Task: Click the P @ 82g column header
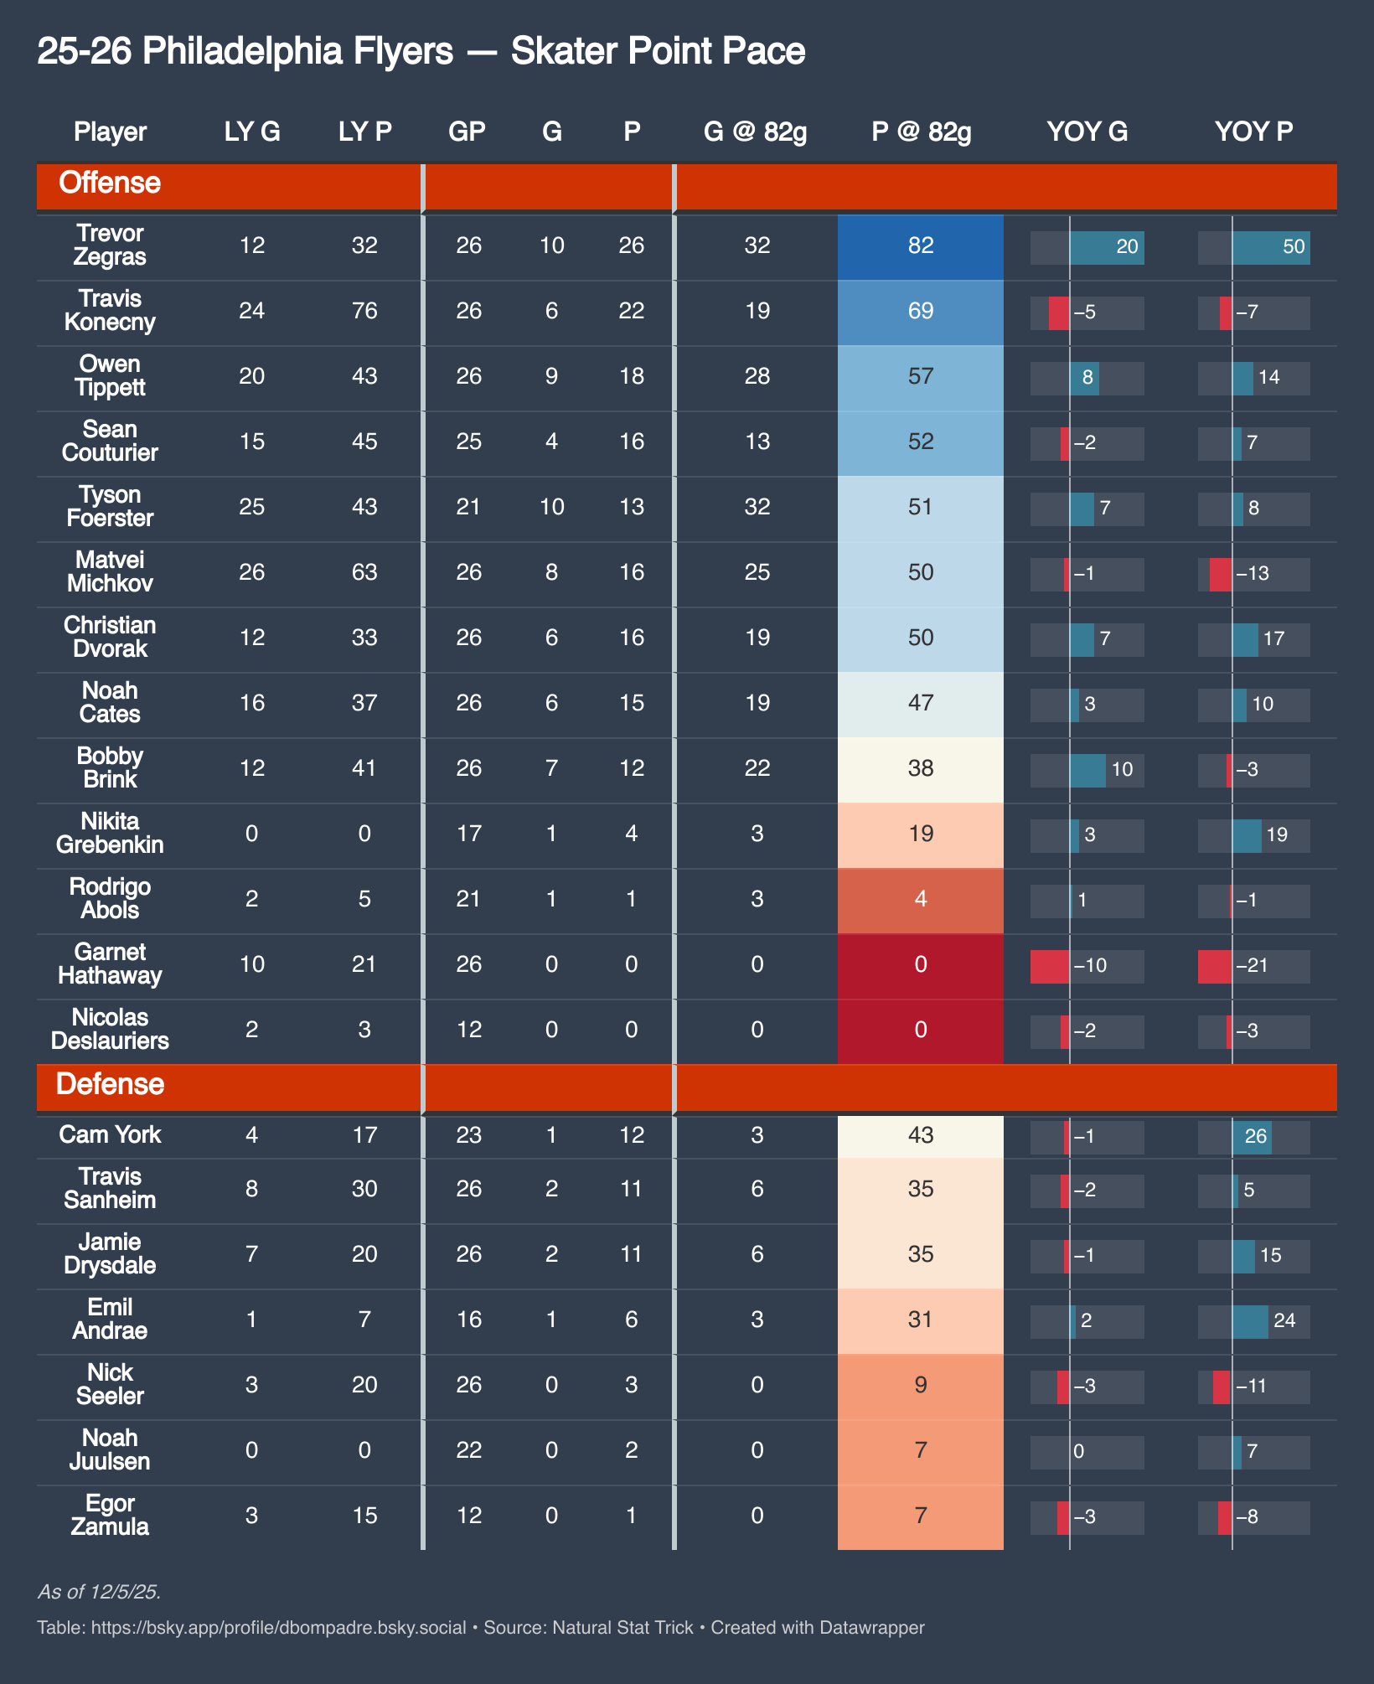pyautogui.click(x=921, y=132)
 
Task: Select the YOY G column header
pyautogui.click(x=1087, y=132)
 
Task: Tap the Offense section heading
pyautogui.click(x=110, y=183)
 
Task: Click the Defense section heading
pyautogui.click(x=110, y=1084)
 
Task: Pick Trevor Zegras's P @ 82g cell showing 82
pyautogui.click(x=921, y=245)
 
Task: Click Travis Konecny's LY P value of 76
pyautogui.click(x=364, y=311)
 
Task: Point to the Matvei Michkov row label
pyautogui.click(x=110, y=571)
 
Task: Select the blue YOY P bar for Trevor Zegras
pyautogui.click(x=1271, y=247)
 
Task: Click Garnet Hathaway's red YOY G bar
pyautogui.click(x=1050, y=966)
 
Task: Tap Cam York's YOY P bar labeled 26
pyautogui.click(x=1252, y=1137)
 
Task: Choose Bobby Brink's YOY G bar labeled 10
pyautogui.click(x=1087, y=770)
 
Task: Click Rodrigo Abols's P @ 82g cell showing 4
pyautogui.click(x=921, y=899)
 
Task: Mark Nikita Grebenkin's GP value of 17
pyautogui.click(x=468, y=834)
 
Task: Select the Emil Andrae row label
pyautogui.click(x=110, y=1319)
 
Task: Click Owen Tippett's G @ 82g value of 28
pyautogui.click(x=757, y=376)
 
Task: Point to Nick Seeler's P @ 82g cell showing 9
pyautogui.click(x=921, y=1385)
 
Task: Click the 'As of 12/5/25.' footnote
pyautogui.click(x=100, y=1592)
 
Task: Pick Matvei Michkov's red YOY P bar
pyautogui.click(x=1221, y=574)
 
